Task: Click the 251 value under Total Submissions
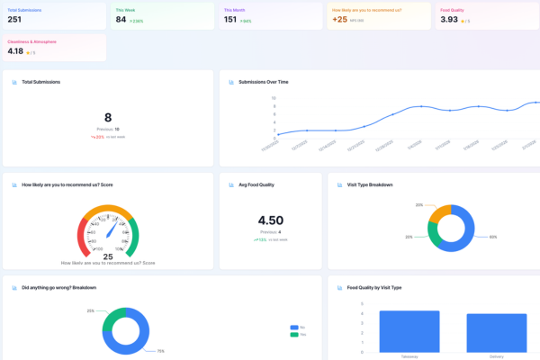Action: (x=14, y=19)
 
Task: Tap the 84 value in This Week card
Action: (x=121, y=19)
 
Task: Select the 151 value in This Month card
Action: (x=230, y=19)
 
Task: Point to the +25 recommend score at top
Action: (x=338, y=19)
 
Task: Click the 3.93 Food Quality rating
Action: (x=449, y=19)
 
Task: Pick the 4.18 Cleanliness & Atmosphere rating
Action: (x=16, y=51)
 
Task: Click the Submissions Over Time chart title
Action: (x=263, y=82)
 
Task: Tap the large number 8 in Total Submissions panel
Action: (x=108, y=117)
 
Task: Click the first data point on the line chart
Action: (x=278, y=135)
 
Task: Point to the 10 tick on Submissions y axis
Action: (x=274, y=98)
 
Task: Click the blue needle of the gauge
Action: (x=112, y=230)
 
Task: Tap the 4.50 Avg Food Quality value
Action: (x=271, y=220)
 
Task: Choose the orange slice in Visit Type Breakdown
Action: (x=439, y=212)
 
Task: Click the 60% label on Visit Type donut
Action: (x=493, y=238)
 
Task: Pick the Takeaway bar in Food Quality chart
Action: (x=409, y=332)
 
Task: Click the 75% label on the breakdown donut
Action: (x=160, y=350)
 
